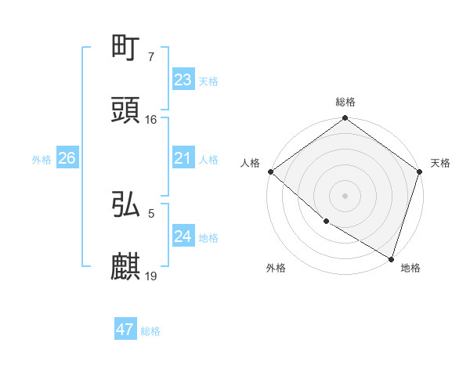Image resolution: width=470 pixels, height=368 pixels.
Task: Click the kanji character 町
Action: (126, 49)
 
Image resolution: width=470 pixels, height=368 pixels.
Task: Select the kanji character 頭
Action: (126, 111)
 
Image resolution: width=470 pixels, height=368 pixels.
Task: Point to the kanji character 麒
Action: (126, 267)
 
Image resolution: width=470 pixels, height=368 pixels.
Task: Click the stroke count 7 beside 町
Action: (150, 57)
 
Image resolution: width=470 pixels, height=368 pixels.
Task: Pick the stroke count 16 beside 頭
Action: (151, 120)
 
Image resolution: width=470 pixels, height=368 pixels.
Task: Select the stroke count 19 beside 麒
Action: (151, 276)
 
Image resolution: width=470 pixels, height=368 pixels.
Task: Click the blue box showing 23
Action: (183, 80)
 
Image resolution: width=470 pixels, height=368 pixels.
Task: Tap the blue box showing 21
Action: (183, 159)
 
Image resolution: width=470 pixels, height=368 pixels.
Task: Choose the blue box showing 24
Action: (183, 236)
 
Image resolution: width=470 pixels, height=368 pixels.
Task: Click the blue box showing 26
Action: (67, 158)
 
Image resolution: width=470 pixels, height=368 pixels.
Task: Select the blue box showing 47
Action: (125, 330)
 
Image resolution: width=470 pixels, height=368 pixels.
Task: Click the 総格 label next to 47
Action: (150, 331)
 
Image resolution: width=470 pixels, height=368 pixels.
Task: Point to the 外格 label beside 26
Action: (42, 160)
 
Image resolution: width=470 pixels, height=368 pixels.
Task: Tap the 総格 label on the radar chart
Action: (345, 102)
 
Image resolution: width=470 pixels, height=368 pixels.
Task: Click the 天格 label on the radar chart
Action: (440, 164)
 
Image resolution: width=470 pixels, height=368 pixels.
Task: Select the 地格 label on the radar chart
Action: (410, 269)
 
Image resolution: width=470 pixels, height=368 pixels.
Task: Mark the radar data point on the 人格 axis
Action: (270, 171)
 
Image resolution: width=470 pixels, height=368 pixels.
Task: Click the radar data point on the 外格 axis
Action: (326, 222)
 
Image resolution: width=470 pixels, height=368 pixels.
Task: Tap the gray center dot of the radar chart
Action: (345, 196)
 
